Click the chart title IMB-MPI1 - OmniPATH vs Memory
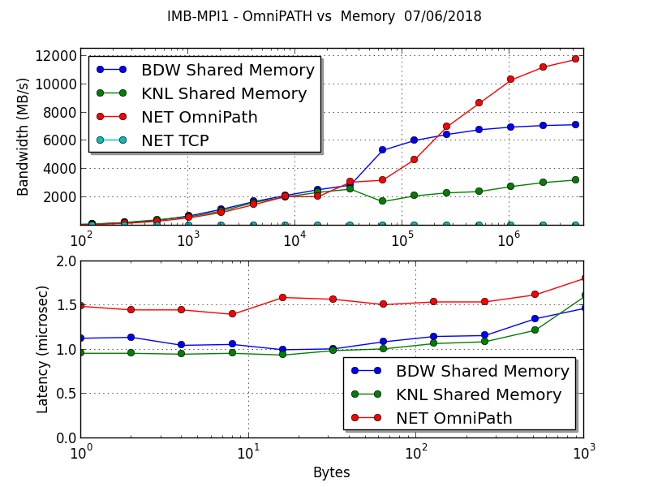click(x=324, y=16)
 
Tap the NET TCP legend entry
click(x=175, y=140)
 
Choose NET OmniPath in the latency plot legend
click(x=454, y=419)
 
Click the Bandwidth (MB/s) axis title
click(x=23, y=136)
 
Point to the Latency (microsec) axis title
click(x=43, y=349)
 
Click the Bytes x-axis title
click(x=331, y=472)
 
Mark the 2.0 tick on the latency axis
click(x=67, y=261)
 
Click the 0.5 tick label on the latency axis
click(x=67, y=394)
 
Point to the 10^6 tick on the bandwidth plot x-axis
click(x=509, y=241)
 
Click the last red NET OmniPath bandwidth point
click(x=575, y=59)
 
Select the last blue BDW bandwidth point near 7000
click(x=575, y=125)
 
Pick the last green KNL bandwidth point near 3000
click(x=575, y=180)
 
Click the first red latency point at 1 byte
click(x=80, y=306)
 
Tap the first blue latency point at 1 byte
click(x=80, y=338)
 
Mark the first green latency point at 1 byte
click(x=80, y=353)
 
